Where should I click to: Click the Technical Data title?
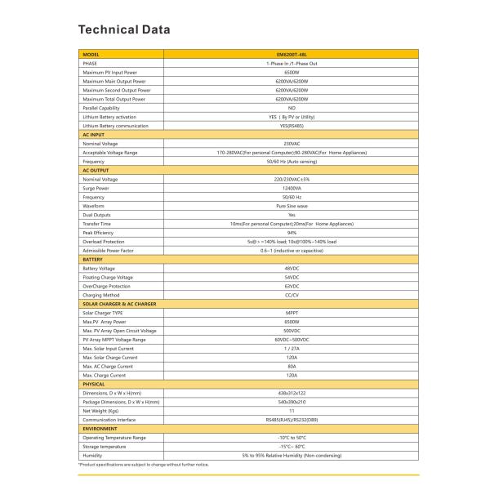tap(124, 30)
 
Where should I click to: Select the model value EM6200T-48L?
tap(292, 55)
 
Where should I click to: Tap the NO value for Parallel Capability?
tap(292, 108)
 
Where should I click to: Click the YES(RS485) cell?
tap(292, 126)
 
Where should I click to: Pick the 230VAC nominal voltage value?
tap(292, 144)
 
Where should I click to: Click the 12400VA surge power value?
tap(292, 188)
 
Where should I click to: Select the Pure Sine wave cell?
tap(292, 206)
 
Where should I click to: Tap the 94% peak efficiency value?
tap(292, 233)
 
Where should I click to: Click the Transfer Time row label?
tap(97, 224)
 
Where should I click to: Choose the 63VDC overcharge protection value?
tap(292, 286)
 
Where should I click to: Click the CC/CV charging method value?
tap(292, 295)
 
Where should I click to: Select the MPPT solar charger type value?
tap(292, 313)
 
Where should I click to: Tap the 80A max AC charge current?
tap(292, 366)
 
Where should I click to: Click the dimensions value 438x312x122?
tap(292, 393)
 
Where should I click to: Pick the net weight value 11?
tap(292, 411)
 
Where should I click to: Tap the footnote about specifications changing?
tap(144, 465)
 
